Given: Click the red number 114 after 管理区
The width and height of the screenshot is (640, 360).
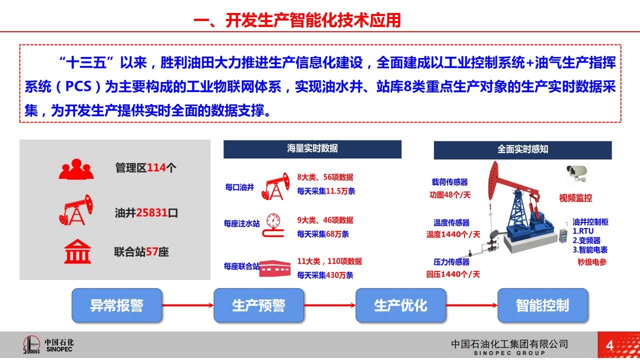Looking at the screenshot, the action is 156,167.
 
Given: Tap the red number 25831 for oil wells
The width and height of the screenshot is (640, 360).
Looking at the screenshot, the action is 151,212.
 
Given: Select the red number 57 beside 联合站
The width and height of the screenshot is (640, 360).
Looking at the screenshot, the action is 152,251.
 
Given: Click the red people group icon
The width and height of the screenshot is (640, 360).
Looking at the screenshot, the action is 76,169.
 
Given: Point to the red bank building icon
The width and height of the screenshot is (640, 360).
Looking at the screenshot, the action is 77,251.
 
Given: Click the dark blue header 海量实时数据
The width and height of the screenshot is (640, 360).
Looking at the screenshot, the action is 312,149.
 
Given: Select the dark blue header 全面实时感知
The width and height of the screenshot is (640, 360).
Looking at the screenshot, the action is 522,150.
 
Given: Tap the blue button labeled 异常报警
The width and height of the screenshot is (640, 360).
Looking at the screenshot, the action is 117,305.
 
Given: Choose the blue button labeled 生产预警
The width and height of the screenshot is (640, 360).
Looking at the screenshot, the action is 258,305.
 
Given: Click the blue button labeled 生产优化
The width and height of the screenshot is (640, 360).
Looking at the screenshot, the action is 400,305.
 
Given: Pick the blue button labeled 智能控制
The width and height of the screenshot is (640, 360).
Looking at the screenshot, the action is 542,305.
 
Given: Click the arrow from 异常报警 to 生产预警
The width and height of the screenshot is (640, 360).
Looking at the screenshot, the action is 187,305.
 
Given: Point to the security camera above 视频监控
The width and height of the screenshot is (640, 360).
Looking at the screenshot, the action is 576,173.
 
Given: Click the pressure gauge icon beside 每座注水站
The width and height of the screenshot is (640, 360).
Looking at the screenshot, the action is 273,225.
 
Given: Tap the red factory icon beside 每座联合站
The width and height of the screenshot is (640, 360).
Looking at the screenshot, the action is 275,268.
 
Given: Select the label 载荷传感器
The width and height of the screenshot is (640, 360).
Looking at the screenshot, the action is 449,182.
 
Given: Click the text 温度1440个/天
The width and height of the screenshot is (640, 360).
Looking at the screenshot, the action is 453,234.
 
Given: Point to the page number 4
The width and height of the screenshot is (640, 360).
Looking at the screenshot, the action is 609,345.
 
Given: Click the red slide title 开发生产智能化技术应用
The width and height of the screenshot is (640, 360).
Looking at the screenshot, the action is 313,20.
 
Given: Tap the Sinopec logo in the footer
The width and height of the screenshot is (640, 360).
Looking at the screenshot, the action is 48,345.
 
